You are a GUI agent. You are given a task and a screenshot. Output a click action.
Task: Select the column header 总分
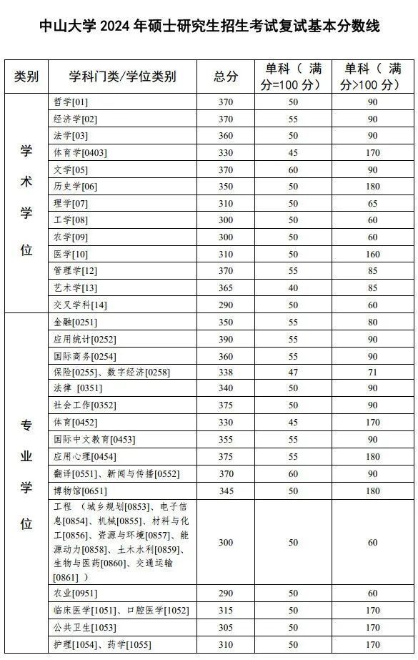(226, 77)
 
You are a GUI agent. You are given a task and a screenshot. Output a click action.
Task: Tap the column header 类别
(26, 77)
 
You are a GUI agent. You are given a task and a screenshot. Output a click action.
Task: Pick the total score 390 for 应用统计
(226, 338)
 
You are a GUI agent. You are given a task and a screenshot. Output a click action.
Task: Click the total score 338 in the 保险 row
(226, 373)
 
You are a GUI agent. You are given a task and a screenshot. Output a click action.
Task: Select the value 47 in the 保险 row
(294, 373)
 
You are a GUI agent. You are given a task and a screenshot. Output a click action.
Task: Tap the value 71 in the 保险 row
(372, 373)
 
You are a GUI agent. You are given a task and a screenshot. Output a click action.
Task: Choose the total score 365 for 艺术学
(226, 287)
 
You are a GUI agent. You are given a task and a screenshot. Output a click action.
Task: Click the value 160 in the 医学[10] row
(372, 254)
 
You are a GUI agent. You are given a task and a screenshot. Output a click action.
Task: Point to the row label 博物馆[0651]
(79, 491)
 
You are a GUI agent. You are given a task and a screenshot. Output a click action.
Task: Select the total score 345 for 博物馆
(226, 491)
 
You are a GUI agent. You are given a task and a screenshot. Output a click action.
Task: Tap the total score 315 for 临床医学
(226, 611)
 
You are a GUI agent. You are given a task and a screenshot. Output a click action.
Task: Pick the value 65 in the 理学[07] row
(372, 203)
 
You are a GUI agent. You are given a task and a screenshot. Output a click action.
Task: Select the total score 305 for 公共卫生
(226, 628)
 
